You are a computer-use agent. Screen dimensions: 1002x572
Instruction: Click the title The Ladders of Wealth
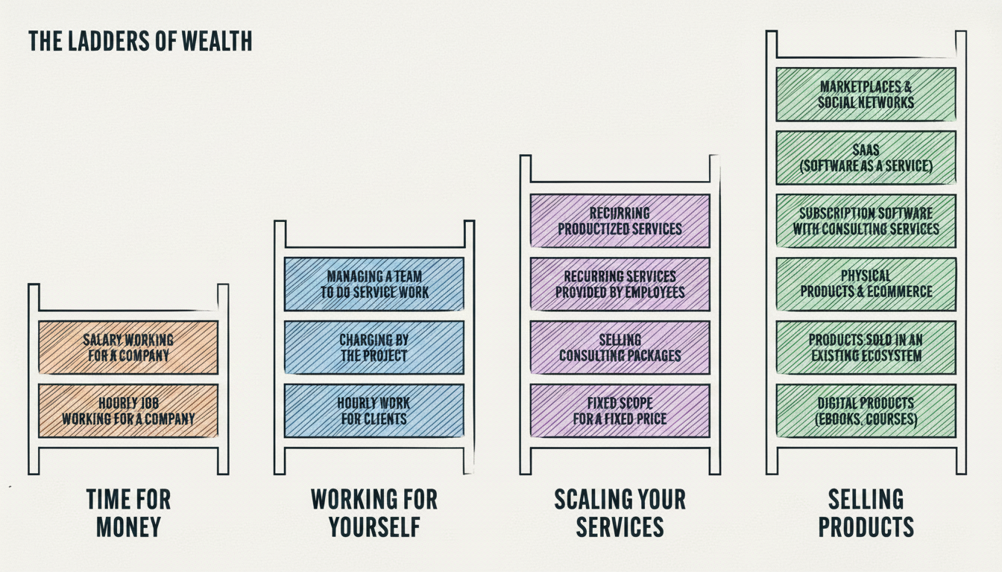pos(140,41)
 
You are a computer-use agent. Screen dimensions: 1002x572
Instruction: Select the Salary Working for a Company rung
pos(128,347)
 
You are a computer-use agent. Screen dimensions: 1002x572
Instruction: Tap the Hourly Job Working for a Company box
pos(128,410)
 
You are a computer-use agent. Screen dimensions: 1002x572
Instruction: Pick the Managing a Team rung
pos(374,284)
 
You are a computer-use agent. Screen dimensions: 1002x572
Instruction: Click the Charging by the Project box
pos(374,347)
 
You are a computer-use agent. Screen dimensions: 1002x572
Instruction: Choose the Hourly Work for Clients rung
pos(374,410)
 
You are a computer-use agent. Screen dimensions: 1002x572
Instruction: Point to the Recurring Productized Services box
pos(620,220)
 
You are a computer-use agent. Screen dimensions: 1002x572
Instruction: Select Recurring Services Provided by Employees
pos(620,284)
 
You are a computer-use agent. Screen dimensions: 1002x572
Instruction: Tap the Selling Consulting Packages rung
pos(620,347)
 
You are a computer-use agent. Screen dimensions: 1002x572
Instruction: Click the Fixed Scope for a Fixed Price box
pos(620,410)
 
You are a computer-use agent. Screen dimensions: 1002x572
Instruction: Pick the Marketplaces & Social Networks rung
pos(866,95)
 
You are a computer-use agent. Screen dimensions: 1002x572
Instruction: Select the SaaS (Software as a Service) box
pos(866,158)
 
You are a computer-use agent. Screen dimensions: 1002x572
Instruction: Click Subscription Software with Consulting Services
pos(866,220)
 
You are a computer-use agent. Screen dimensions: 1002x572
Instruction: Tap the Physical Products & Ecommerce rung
pos(866,284)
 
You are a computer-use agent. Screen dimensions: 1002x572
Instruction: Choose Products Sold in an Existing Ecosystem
pos(866,347)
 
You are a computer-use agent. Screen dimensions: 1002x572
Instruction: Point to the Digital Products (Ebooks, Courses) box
pos(866,410)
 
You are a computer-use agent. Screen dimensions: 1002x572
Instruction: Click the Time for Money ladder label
pos(128,512)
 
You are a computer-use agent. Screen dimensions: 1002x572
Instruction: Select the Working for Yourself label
pos(374,512)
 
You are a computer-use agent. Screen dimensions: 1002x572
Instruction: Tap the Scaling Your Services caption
pos(620,512)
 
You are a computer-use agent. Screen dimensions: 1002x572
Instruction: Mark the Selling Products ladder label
pos(866,512)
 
